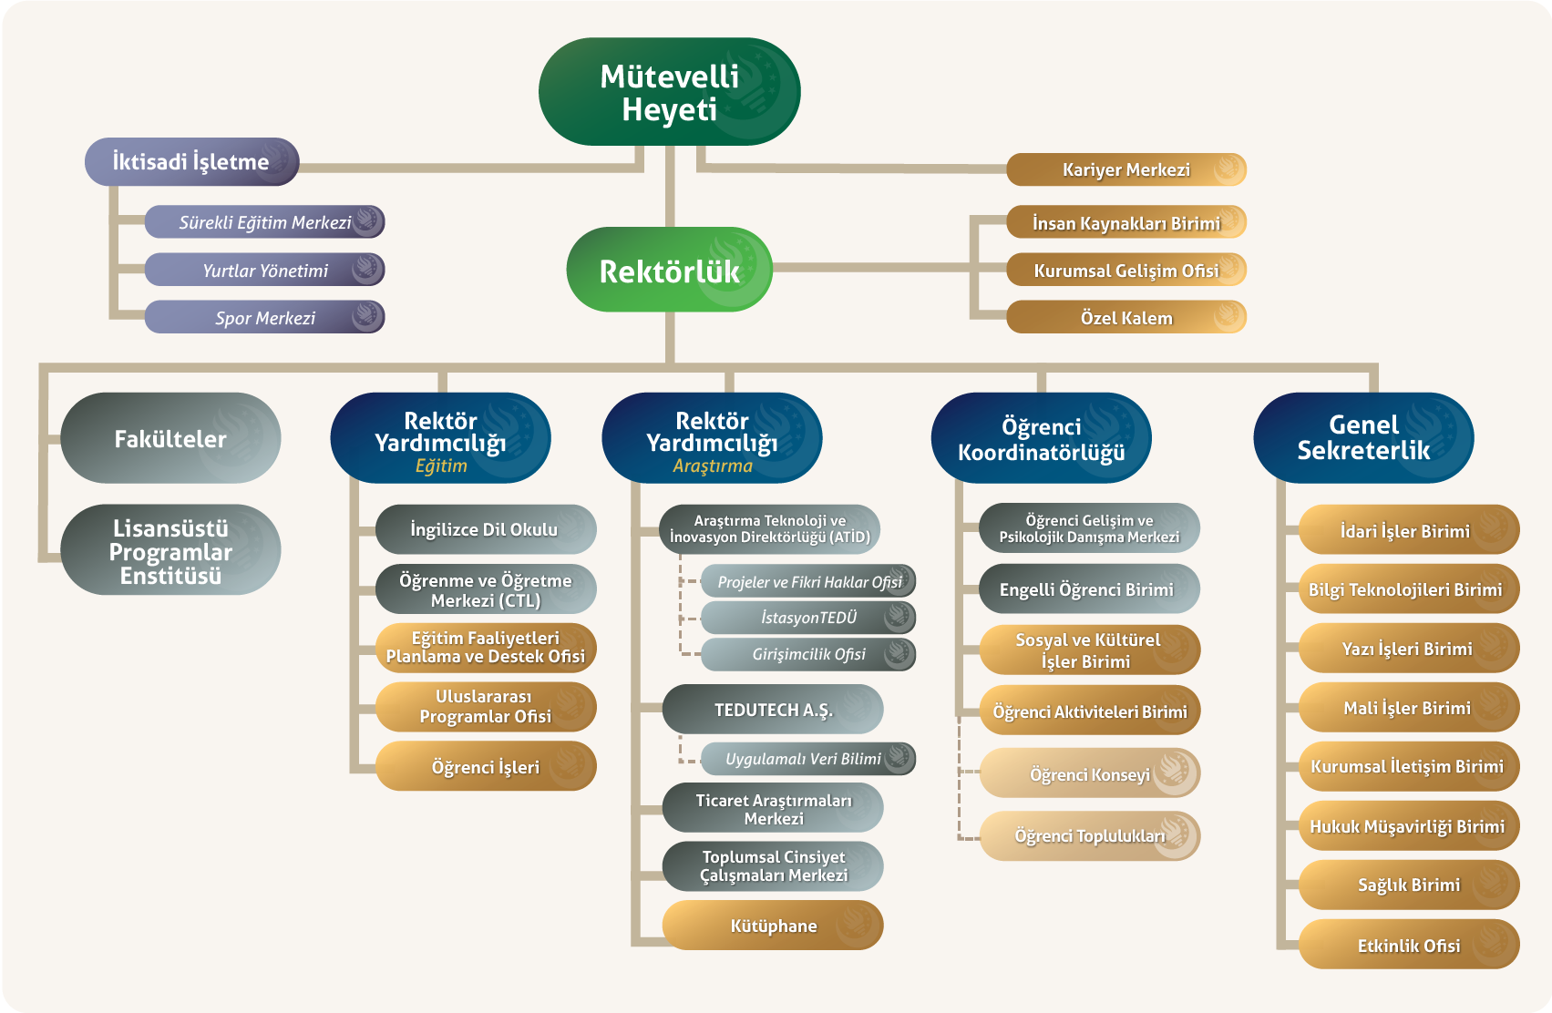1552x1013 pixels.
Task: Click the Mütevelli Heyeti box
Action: (x=669, y=92)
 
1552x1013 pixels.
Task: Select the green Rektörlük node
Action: (x=669, y=271)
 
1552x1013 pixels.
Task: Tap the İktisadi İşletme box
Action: (x=191, y=162)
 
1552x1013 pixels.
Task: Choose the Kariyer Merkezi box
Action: (x=1125, y=169)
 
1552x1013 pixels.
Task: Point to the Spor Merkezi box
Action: (x=264, y=318)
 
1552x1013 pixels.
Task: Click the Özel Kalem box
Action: (x=1125, y=318)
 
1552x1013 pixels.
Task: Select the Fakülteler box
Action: (x=170, y=438)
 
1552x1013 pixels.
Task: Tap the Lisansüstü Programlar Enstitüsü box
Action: (x=170, y=551)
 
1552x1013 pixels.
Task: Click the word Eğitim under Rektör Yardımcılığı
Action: (x=441, y=466)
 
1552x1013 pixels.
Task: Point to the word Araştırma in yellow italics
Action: (x=713, y=466)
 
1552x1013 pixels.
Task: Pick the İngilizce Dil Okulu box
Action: (x=485, y=529)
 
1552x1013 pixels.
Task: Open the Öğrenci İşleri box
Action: (x=485, y=767)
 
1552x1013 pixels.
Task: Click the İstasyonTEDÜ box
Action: (x=808, y=618)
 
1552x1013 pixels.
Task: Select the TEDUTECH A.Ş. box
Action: (x=773, y=710)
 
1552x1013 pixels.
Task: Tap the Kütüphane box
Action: (x=773, y=926)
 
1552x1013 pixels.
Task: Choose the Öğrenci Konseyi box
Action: (x=1089, y=774)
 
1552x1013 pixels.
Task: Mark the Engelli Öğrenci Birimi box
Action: (x=1087, y=589)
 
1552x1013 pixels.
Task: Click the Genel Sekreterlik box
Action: (x=1363, y=437)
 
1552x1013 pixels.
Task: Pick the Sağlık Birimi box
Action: (x=1409, y=885)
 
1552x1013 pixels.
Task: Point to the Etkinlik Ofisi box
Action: (x=1409, y=946)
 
